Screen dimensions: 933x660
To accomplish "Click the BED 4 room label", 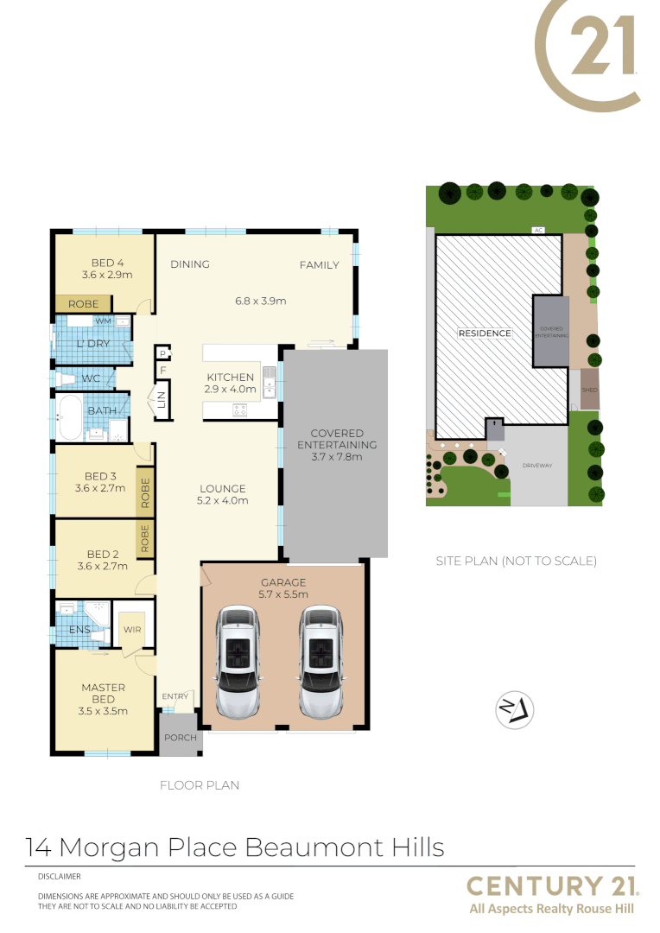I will point(108,263).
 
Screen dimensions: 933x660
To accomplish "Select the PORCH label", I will point(181,738).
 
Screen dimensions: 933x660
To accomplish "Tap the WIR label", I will point(131,629).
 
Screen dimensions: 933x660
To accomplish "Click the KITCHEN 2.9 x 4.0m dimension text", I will point(230,390).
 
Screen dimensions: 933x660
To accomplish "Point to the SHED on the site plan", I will point(589,390).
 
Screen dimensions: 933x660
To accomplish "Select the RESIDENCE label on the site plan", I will point(484,333).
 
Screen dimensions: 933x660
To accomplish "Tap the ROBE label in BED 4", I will point(83,304).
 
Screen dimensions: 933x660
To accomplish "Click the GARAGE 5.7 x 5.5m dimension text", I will point(282,594).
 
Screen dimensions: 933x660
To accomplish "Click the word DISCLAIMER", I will point(59,877).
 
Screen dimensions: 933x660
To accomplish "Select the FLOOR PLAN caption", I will point(200,785).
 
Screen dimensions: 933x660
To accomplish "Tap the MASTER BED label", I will point(104,693).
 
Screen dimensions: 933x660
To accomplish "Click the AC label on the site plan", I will point(538,231).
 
